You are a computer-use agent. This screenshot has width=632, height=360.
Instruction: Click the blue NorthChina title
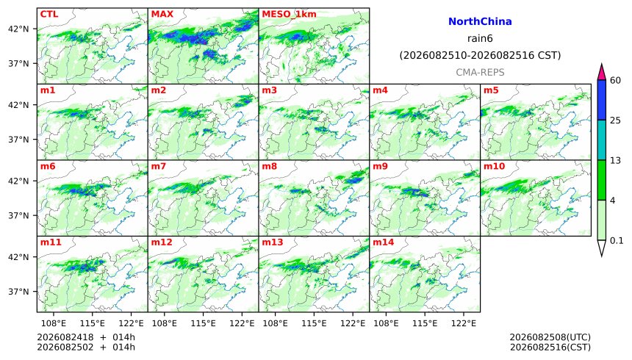pos(480,22)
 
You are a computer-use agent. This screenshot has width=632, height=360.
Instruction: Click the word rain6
pos(480,39)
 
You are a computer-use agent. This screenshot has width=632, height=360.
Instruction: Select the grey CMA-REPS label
pos(480,73)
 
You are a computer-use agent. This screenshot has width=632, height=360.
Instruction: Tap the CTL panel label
pos(49,14)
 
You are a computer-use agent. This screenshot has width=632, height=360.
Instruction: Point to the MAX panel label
pos(162,14)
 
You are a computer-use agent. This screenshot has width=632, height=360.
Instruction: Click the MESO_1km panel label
pos(289,15)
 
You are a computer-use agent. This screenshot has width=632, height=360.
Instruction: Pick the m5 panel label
pos(491,90)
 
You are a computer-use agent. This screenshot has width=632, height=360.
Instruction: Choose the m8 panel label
pos(269,167)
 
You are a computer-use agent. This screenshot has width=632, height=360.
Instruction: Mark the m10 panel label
pos(494,167)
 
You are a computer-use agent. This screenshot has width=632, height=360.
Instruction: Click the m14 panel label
pos(383,242)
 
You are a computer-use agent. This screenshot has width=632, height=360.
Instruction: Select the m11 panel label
pos(51,242)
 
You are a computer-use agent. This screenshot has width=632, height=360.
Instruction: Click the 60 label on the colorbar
pos(616,81)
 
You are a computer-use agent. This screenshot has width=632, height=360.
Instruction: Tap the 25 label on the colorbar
pos(616,120)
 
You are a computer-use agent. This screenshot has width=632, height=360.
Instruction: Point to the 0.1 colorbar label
pos(617,241)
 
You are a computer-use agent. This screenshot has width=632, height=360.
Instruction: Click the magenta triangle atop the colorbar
pos(602,73)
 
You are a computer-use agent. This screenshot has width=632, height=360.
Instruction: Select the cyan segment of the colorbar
pos(602,140)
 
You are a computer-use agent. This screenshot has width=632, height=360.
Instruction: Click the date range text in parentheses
pos(480,55)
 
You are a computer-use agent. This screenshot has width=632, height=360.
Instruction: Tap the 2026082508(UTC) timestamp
pos(550,337)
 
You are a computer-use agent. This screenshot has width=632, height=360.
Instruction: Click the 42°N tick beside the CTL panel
pos(18,29)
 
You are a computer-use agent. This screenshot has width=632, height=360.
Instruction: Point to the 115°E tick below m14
pos(425,323)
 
